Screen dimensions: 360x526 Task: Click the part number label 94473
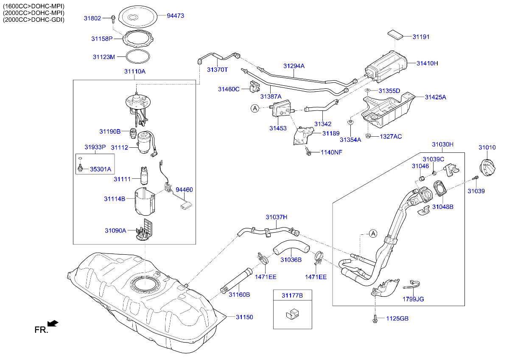(x=175, y=16)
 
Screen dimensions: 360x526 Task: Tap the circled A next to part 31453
(x=255, y=109)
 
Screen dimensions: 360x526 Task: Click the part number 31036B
(x=291, y=259)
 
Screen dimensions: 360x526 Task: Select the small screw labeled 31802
(x=114, y=18)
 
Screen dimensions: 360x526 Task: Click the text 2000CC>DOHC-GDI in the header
(x=34, y=20)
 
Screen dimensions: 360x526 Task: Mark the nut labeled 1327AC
(x=368, y=136)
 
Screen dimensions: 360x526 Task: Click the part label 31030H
(x=442, y=144)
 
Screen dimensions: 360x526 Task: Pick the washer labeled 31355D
(x=368, y=91)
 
